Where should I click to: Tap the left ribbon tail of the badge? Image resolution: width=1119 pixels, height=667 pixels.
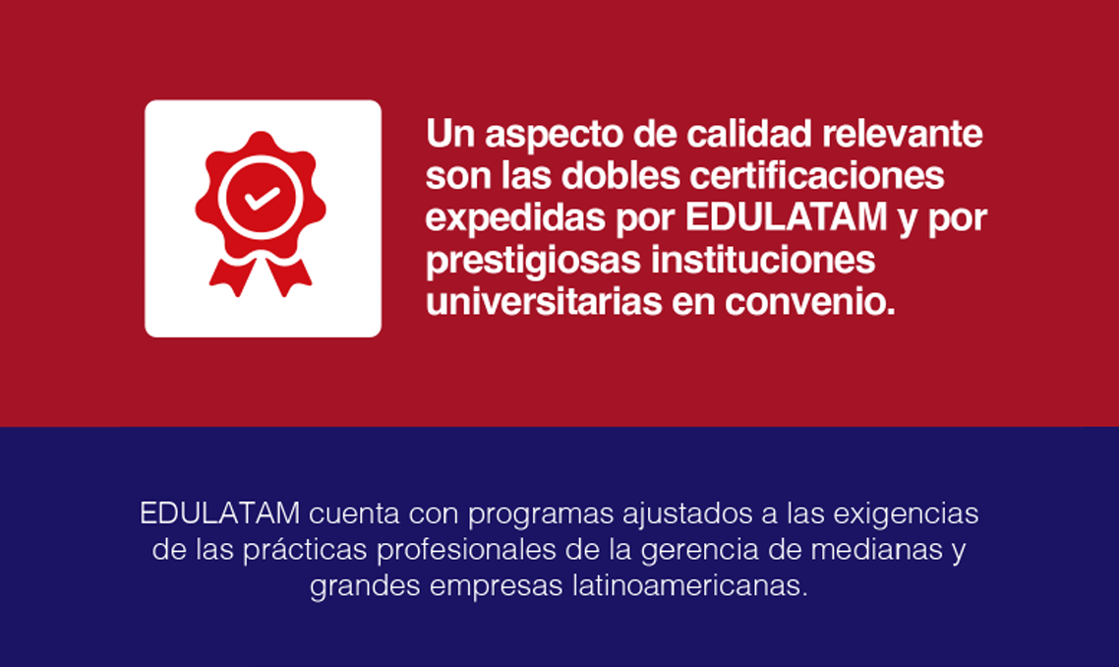pyautogui.click(x=231, y=275)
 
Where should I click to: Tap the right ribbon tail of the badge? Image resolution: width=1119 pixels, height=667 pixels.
pyautogui.click(x=289, y=275)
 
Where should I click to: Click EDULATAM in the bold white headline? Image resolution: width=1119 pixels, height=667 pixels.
pyautogui.click(x=787, y=217)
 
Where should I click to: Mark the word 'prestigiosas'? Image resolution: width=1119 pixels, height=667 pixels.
pyautogui.click(x=533, y=261)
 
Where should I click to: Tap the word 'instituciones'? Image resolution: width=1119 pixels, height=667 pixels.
pyautogui.click(x=763, y=260)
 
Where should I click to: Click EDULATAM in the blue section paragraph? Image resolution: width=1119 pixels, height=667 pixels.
pyautogui.click(x=220, y=514)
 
